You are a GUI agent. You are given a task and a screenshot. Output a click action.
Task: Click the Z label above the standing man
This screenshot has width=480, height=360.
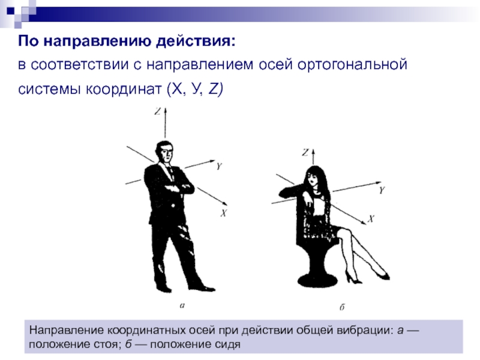click(157, 111)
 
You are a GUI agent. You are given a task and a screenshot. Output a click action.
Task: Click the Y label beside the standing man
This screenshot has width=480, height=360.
click(219, 166)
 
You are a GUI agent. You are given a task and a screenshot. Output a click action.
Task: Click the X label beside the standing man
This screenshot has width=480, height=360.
click(223, 213)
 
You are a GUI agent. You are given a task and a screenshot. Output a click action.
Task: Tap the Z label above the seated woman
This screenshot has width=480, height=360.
click(305, 152)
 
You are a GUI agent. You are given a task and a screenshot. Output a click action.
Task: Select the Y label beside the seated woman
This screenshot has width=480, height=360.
click(382, 190)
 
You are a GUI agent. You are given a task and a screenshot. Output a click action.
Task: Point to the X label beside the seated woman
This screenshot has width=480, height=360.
click(371, 218)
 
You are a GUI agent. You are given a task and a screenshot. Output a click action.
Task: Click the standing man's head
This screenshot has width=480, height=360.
click(164, 152)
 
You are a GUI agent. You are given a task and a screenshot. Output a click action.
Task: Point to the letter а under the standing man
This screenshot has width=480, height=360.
click(182, 305)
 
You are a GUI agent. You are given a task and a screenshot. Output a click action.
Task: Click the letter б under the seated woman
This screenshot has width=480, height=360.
click(342, 307)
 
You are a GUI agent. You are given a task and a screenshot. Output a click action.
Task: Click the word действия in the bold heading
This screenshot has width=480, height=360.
click(196, 41)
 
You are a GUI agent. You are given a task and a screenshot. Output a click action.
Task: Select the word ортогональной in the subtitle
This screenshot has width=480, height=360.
click(352, 65)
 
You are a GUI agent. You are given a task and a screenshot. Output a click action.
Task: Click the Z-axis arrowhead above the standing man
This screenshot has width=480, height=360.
click(165, 111)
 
